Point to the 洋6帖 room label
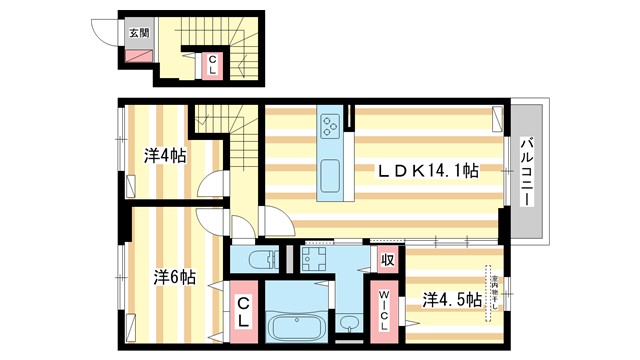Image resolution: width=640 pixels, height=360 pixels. tap(174, 276)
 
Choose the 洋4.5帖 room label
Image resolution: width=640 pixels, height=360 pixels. tap(452, 298)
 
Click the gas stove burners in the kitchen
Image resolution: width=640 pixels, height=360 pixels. tap(330, 125)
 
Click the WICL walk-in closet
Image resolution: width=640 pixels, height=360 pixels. tap(385, 309)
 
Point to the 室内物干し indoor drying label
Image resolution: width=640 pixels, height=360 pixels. tap(490, 289)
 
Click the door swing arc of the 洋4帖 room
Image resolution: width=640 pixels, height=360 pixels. tap(210, 185)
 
